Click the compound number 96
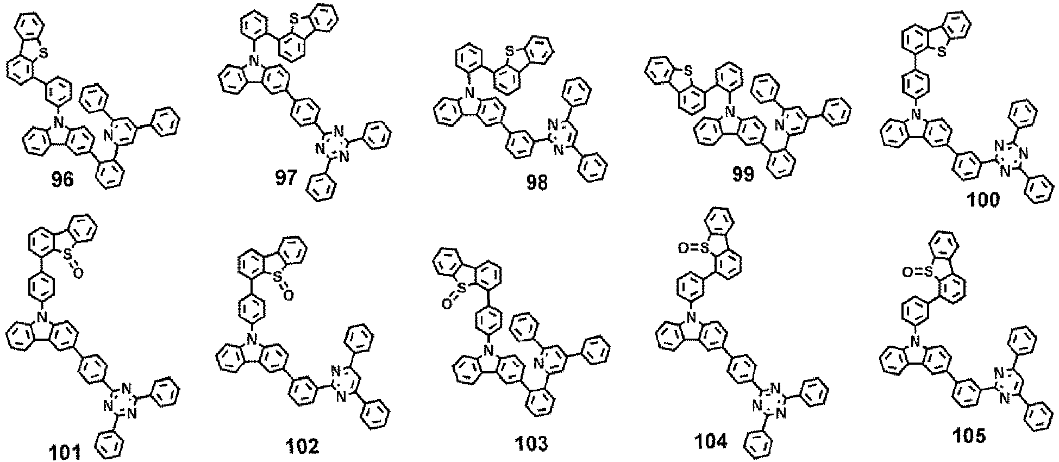click(x=62, y=179)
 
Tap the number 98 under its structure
click(x=536, y=183)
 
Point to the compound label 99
click(x=742, y=175)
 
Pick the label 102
click(x=302, y=447)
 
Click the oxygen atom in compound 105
click(x=906, y=270)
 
